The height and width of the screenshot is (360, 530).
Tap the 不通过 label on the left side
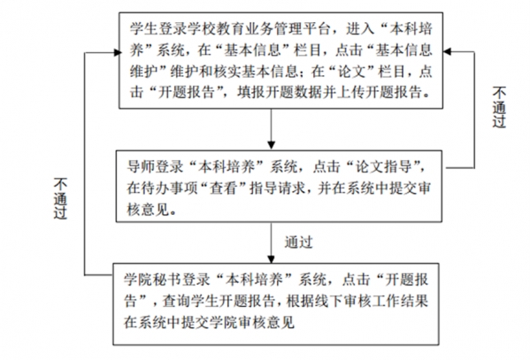[60, 198]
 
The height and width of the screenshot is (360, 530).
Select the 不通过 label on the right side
[499, 107]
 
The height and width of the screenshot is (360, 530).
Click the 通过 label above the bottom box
[298, 242]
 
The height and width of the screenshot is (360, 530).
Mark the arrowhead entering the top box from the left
[118, 52]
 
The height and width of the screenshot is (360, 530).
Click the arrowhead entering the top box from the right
[447, 51]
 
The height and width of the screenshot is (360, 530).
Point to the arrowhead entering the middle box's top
[271, 145]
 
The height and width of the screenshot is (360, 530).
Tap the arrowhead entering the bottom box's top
[271, 259]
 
